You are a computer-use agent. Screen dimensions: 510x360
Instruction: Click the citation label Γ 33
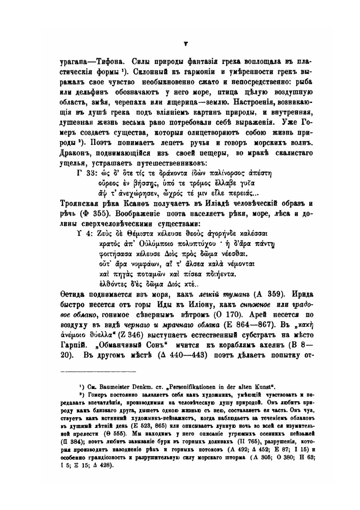pos(86,172)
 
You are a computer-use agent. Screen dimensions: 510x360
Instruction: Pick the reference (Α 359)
pos(267,294)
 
